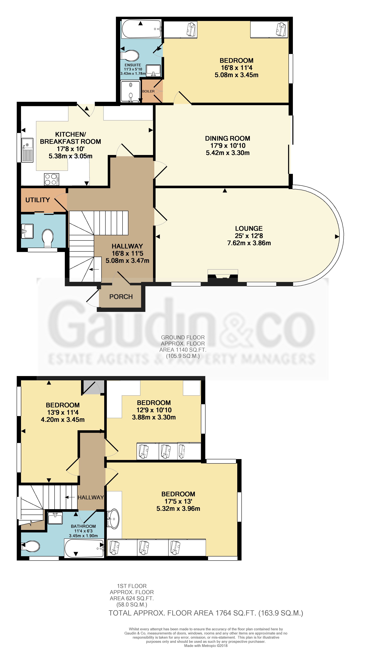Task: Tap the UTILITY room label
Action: point(38,200)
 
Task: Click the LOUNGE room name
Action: point(249,228)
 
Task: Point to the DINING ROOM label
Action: point(228,138)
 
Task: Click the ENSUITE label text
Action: point(133,65)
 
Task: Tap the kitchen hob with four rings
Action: point(51,179)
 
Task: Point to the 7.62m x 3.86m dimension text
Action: point(249,243)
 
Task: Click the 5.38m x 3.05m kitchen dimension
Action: point(70,156)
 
